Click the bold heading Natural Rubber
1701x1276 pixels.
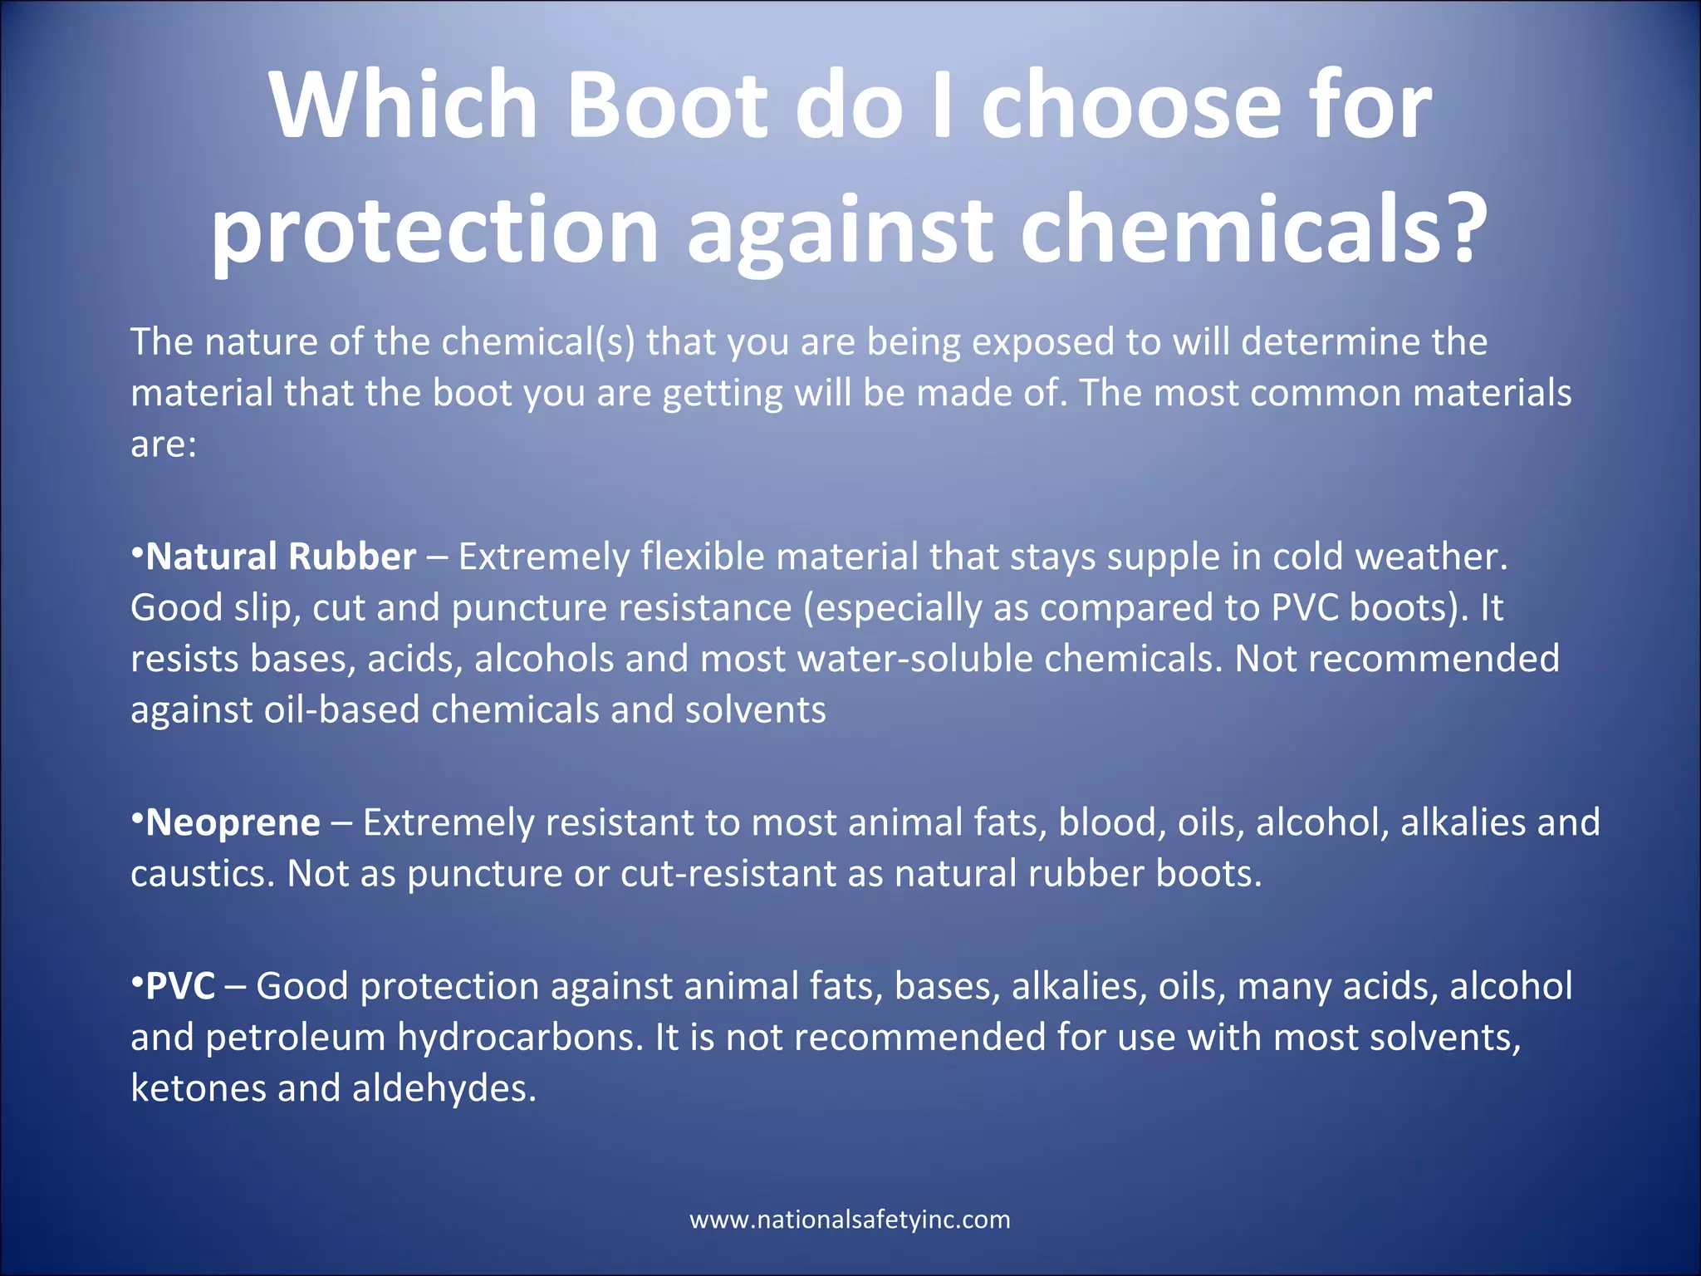tap(281, 557)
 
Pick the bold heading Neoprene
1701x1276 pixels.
tap(233, 822)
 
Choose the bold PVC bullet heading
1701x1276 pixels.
tap(180, 986)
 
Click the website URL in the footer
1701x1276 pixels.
tap(850, 1220)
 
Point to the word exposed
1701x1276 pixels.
tap(1043, 341)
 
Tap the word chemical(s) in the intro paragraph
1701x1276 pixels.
tap(538, 341)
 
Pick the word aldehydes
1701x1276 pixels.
tap(444, 1089)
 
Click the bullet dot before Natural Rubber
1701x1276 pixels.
tap(137, 552)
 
